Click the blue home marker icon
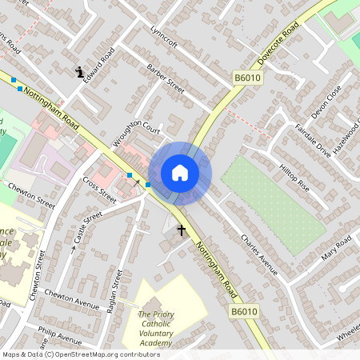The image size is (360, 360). pyautogui.click(x=180, y=173)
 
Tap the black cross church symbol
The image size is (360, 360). pyautogui.click(x=182, y=230)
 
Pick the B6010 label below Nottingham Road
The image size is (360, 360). pyautogui.click(x=244, y=311)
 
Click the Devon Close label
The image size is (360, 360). pyautogui.click(x=326, y=102)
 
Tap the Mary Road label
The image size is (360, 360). pyautogui.click(x=336, y=249)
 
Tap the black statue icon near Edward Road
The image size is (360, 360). pyautogui.click(x=81, y=72)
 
